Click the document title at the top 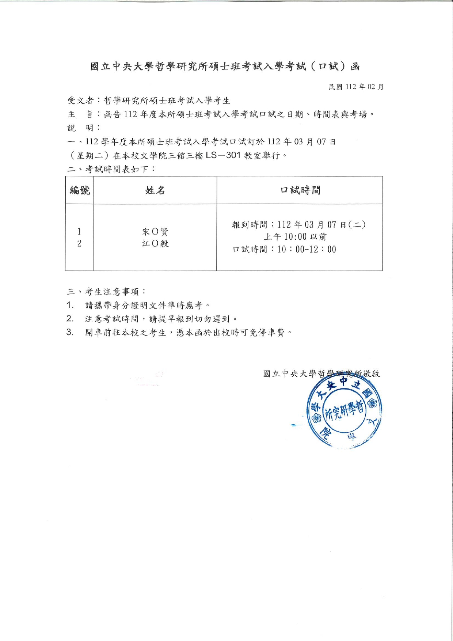[225, 67]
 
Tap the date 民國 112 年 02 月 [356, 87]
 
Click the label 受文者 [80, 101]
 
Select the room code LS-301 [223, 155]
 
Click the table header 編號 [80, 190]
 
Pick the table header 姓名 [155, 190]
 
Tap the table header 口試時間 [300, 190]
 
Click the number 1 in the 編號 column [79, 231]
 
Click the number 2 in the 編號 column [79, 243]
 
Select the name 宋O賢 [155, 232]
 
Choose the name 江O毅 [155, 243]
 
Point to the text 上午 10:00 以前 [295, 237]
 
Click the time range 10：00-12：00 [307, 250]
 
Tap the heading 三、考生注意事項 [107, 292]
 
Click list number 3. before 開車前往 [70, 332]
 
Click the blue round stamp [344, 412]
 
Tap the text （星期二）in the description [90, 156]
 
